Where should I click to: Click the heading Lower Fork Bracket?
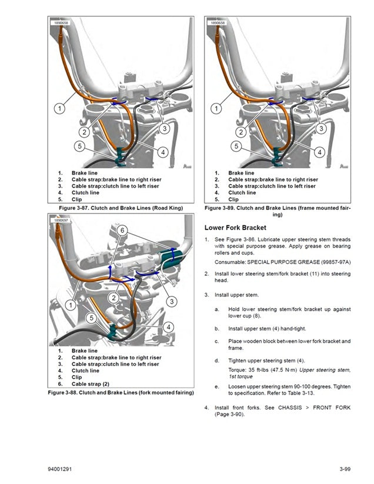pos(235,227)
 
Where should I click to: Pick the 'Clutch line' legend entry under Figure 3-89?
pos(242,192)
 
